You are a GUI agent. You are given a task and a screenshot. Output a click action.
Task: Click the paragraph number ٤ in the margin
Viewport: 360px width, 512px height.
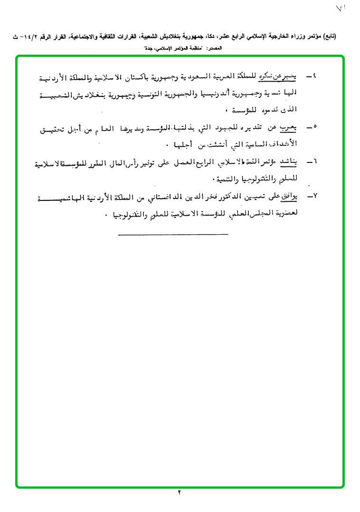(314, 76)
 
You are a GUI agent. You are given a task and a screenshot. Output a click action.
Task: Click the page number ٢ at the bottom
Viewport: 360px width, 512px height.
(180, 493)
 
